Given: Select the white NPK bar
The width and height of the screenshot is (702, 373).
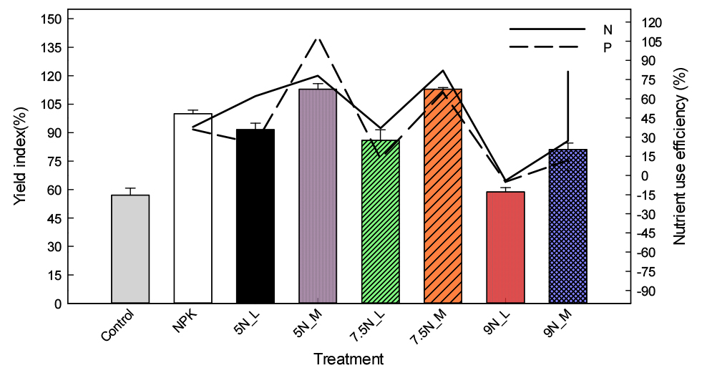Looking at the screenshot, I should (x=192, y=208).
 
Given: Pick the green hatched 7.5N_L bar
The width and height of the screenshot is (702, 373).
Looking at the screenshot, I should (x=381, y=222).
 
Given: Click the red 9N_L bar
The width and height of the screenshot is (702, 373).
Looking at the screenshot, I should (x=505, y=248).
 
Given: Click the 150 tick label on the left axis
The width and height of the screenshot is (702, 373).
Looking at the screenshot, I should (x=52, y=19).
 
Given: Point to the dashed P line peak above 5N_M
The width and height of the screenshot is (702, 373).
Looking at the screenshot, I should (x=318, y=39).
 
